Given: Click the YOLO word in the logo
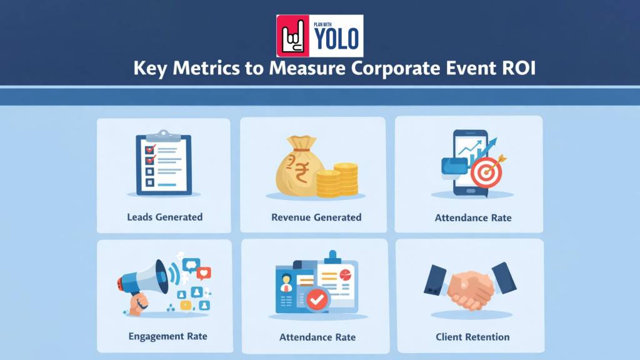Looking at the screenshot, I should tap(336, 39).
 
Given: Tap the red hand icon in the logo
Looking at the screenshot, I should tap(293, 36).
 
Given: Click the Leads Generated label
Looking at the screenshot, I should tap(164, 217).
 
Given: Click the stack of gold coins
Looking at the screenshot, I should tap(339, 179).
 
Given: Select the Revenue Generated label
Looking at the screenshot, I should tap(316, 217).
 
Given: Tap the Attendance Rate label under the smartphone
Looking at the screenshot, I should tap(473, 218).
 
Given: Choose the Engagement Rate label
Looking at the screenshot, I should tap(167, 336).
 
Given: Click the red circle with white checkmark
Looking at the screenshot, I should tap(317, 299).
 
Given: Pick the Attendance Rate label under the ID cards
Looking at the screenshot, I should tap(317, 337).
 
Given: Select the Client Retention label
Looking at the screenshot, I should tap(472, 337).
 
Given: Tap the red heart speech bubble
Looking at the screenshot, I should tap(204, 273).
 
